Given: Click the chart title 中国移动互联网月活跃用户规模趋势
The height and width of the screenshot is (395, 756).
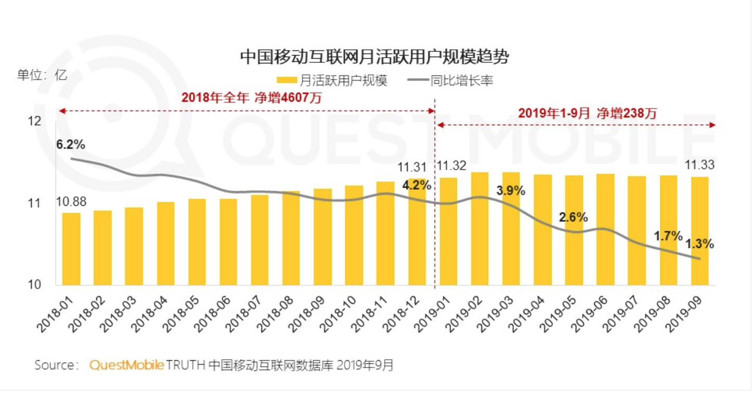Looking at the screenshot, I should click(x=374, y=57).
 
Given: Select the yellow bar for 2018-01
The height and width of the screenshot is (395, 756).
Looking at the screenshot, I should click(x=71, y=249).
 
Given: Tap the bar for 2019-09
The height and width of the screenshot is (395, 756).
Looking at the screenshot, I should click(x=699, y=231).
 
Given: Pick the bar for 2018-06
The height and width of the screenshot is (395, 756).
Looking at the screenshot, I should click(x=228, y=242).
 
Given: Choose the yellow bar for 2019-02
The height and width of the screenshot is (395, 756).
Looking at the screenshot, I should click(x=479, y=229).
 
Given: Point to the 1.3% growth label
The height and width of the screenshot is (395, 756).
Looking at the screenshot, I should click(x=699, y=243).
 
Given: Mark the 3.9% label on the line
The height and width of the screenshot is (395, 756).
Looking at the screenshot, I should click(x=511, y=191).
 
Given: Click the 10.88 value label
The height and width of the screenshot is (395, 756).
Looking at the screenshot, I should click(x=71, y=202).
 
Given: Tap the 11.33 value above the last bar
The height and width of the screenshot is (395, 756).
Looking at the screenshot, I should click(x=700, y=165).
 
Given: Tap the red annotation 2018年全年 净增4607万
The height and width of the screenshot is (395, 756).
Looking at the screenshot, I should click(x=252, y=98).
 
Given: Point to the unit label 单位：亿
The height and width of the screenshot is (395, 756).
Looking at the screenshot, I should click(x=42, y=74).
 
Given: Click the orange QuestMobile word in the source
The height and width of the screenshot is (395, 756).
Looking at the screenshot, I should click(x=127, y=365).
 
